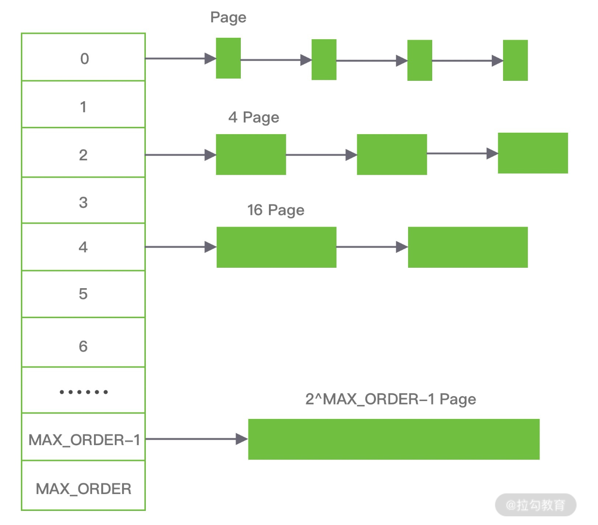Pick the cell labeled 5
(83, 294)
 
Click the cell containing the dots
(83, 391)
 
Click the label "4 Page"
(253, 118)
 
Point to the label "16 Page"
(276, 210)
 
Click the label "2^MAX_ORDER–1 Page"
(391, 400)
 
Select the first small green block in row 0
(228, 58)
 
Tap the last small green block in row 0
(515, 61)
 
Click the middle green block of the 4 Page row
(392, 154)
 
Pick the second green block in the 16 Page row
(468, 247)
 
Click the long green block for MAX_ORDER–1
(393, 439)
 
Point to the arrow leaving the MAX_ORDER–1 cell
(196, 439)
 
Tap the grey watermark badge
(535, 505)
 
